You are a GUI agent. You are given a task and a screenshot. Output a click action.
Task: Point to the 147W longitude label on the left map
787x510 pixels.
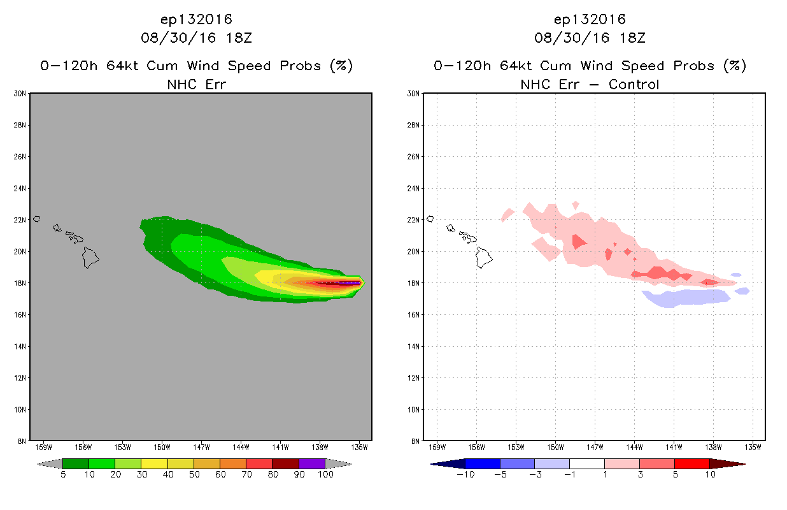click(201, 448)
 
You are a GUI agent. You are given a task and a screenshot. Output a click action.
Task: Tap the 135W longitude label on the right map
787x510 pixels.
click(753, 448)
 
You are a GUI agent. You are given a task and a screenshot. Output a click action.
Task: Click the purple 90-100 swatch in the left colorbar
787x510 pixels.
click(312, 463)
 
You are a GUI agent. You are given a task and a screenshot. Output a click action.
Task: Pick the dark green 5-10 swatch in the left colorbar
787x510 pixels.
click(76, 463)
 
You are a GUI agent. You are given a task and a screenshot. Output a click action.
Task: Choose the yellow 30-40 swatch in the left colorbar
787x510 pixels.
click(154, 463)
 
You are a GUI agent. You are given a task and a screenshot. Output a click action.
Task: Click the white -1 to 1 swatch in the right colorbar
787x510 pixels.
click(587, 463)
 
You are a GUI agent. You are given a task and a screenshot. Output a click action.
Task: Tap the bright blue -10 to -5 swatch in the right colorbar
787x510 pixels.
click(483, 463)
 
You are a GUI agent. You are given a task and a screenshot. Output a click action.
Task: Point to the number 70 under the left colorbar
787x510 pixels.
click(246, 474)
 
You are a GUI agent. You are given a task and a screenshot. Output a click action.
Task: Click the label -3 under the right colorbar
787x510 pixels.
click(535, 474)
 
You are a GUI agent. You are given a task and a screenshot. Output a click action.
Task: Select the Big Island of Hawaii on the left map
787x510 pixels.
click(90, 258)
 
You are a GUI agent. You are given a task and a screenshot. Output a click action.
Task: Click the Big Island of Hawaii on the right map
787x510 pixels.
click(483, 258)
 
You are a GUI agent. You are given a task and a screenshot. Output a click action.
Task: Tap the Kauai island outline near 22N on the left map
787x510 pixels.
click(36, 219)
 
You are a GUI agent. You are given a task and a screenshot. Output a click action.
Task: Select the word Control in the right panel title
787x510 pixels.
click(634, 85)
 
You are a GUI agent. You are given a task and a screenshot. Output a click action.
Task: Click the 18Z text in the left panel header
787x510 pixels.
click(239, 38)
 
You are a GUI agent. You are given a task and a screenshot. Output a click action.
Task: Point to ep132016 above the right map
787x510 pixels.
click(590, 20)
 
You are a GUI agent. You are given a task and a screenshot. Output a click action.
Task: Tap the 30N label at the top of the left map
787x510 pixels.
click(20, 94)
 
